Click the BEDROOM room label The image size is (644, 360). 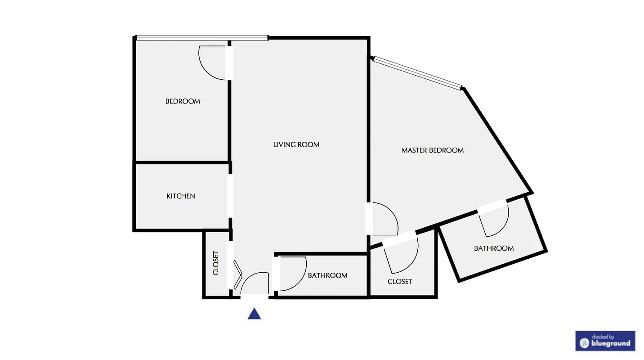click(183, 101)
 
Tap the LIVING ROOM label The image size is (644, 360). click(296, 144)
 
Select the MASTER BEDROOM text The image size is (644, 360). click(432, 150)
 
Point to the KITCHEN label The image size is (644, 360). click(181, 196)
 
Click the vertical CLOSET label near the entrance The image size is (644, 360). click(216, 263)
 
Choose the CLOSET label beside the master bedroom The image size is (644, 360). click(400, 282)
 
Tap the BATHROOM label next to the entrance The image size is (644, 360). click(327, 275)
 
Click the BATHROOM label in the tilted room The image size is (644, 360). click(493, 248)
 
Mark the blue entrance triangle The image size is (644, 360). click(254, 314)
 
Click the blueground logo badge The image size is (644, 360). click(605, 341)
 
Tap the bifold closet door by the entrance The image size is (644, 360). click(237, 274)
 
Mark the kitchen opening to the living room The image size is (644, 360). click(230, 196)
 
